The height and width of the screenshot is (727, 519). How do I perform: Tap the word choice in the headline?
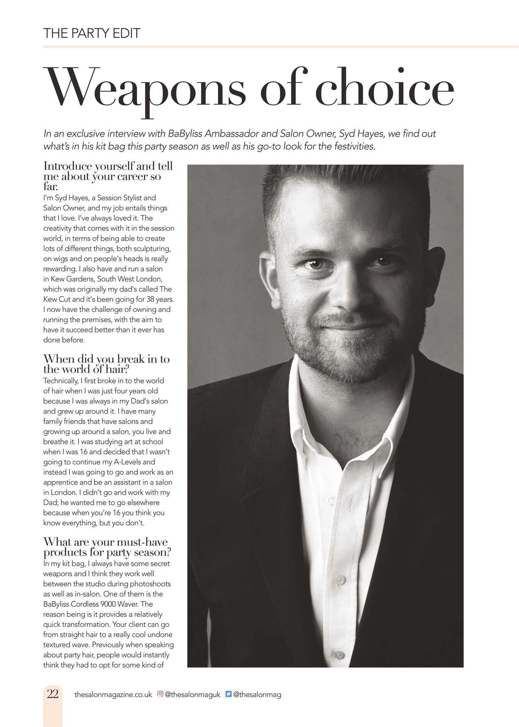385,87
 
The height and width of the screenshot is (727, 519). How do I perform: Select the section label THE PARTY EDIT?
92,33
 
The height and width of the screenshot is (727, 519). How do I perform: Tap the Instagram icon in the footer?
160,694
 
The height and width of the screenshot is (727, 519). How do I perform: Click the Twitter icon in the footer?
229,694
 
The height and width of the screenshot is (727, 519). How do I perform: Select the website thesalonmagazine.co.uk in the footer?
113,695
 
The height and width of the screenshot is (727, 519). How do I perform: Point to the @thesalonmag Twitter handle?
257,695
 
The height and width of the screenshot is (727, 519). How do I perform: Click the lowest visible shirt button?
337,655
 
